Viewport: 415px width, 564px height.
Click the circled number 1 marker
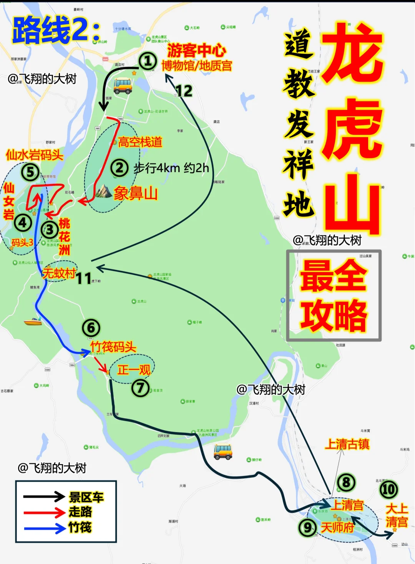tap(148, 61)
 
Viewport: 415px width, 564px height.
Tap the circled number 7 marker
tap(140, 388)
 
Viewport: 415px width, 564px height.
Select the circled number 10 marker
tap(388, 489)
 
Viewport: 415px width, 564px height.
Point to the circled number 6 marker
tap(91, 328)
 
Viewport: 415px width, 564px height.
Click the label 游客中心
tap(196, 50)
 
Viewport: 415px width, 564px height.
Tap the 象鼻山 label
tap(136, 193)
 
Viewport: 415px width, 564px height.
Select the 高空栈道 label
tap(140, 142)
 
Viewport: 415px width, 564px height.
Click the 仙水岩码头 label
tap(35, 155)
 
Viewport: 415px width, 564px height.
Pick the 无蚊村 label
tap(59, 273)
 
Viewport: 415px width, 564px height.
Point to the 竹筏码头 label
tap(113, 347)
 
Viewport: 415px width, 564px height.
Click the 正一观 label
tap(134, 370)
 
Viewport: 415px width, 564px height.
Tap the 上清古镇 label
tap(347, 444)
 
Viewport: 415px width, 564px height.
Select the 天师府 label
tap(337, 527)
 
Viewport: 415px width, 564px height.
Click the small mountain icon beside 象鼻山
tap(103, 191)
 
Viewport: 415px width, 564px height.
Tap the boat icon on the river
tap(33, 321)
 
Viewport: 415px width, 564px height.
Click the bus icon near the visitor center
tap(123, 85)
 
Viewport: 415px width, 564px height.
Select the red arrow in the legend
tap(44, 512)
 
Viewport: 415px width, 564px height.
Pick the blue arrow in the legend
tap(44, 528)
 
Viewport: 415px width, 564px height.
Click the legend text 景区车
tap(86, 497)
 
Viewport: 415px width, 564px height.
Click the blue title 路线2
tap(56, 30)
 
